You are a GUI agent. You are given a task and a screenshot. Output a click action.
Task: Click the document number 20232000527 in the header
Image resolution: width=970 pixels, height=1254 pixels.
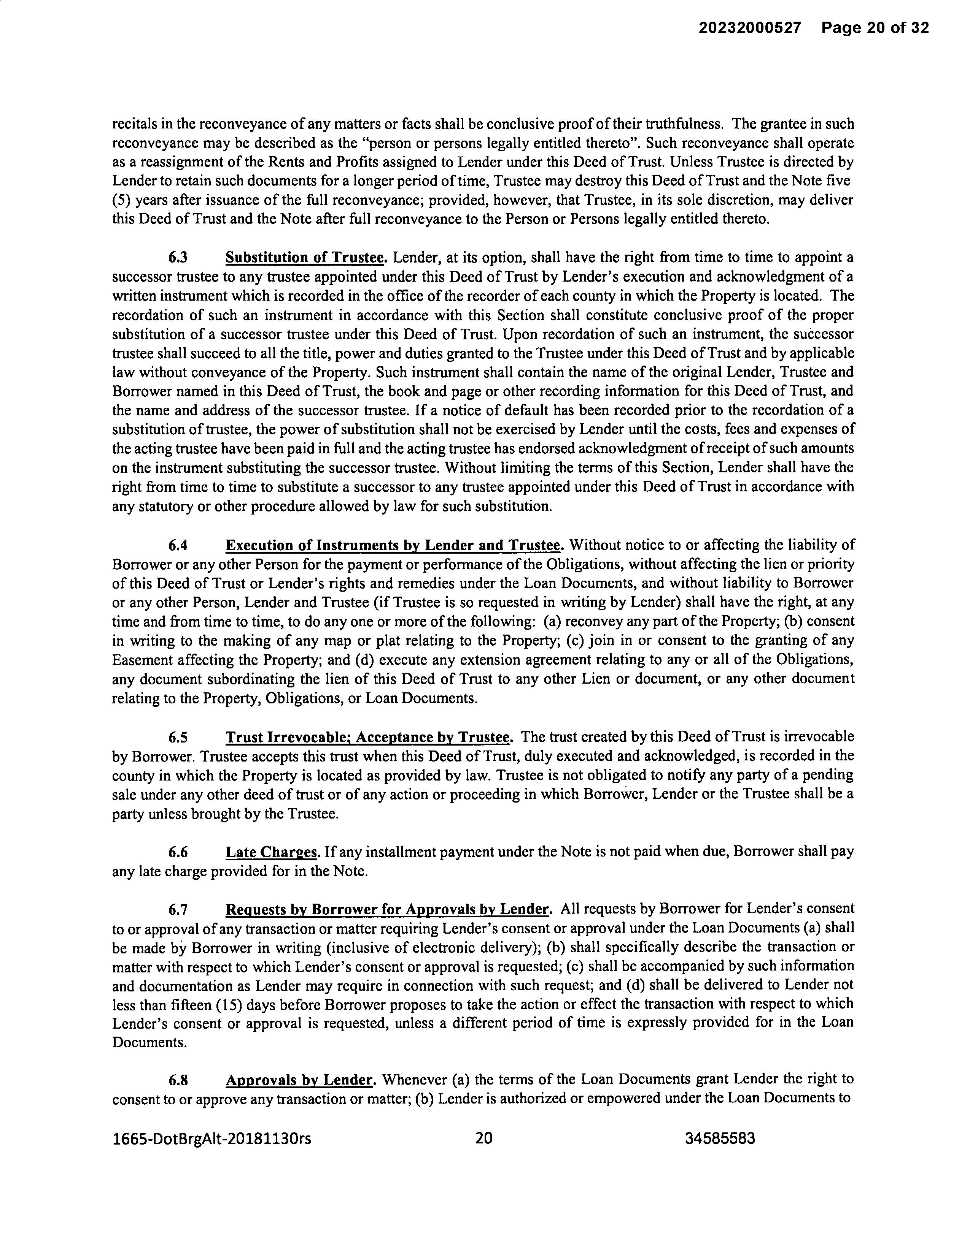pyautogui.click(x=749, y=28)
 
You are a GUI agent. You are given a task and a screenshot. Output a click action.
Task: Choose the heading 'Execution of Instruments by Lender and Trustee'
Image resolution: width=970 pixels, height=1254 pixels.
pyautogui.click(x=393, y=545)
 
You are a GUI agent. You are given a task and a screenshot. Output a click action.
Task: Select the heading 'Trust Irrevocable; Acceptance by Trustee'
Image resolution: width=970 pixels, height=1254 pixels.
pyautogui.click(x=368, y=737)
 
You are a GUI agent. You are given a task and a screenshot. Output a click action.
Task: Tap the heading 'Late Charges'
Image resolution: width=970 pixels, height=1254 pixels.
pyautogui.click(x=271, y=852)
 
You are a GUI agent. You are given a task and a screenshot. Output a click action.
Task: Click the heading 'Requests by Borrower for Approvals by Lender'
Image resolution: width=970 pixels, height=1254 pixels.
pyautogui.click(x=388, y=909)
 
